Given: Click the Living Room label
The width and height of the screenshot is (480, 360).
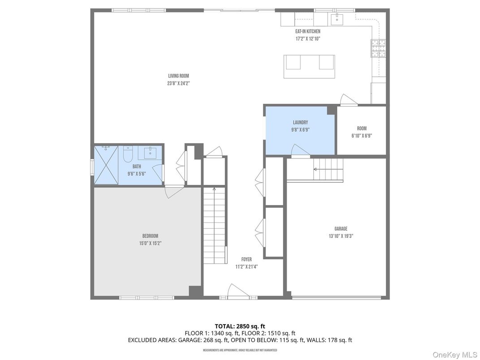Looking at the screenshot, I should (x=178, y=76).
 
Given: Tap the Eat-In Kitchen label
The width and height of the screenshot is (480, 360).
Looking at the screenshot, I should (x=307, y=31).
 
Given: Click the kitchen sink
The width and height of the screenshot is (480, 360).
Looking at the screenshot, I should (x=336, y=19).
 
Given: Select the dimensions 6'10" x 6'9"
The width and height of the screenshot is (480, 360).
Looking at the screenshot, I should (x=361, y=136).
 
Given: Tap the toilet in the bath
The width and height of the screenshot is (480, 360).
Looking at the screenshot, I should (x=128, y=155).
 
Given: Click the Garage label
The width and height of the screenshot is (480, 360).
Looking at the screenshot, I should (x=341, y=229).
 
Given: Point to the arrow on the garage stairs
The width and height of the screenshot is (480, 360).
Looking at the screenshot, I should (x=315, y=169).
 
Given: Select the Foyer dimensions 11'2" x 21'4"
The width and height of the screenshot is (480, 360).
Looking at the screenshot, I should (x=246, y=266).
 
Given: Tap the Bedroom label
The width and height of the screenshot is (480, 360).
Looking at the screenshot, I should (x=150, y=236).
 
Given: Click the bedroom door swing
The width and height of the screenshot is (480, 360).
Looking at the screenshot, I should (x=173, y=192).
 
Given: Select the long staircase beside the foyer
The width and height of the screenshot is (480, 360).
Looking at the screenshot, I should (x=214, y=226).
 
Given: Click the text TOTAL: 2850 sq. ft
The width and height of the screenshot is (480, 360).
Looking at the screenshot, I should (x=240, y=326).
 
